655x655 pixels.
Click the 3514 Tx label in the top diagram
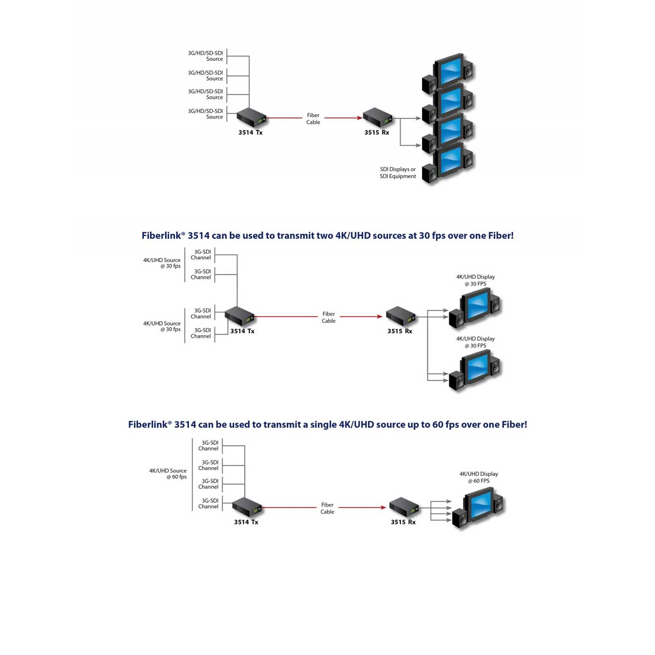coord(250,133)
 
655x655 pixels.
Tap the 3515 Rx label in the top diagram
coord(377,133)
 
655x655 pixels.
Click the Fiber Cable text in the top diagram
coord(313,119)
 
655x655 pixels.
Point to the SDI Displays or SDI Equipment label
coord(398,172)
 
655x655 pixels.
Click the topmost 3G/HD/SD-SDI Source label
coord(205,56)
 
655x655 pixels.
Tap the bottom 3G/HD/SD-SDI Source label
coord(205,114)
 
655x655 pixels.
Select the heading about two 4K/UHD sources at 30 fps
coord(327,235)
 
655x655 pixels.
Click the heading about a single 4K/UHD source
coord(327,425)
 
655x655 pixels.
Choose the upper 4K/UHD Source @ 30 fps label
coord(162,263)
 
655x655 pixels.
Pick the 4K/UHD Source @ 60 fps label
coord(168,473)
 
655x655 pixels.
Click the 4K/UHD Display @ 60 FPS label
coord(478,477)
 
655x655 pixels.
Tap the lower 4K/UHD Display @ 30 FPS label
coord(475,342)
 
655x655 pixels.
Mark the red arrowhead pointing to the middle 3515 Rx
coord(380,316)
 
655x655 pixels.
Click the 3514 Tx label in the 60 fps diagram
coord(246,522)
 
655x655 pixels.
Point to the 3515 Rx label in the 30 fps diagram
coord(400,331)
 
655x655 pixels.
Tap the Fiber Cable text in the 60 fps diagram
coord(327,508)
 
